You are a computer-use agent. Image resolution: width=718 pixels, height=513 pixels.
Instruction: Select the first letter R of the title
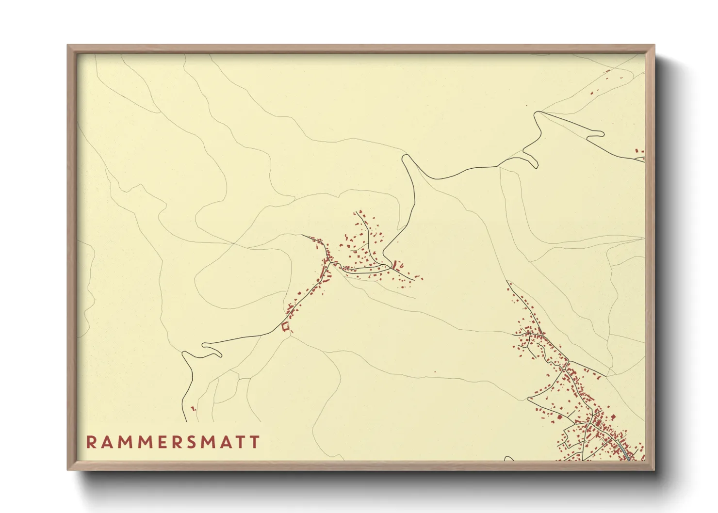pyautogui.click(x=91, y=442)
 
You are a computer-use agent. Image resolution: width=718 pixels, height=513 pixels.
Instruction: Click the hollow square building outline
pyautogui.click(x=285, y=327)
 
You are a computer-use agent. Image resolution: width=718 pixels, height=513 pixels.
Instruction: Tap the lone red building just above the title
pyautogui.click(x=193, y=409)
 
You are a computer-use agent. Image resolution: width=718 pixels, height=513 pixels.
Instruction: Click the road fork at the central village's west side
pyautogui.click(x=330, y=262)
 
